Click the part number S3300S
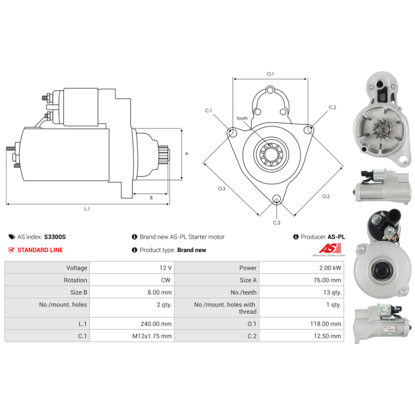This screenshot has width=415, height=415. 55,237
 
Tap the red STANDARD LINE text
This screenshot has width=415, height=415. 40,250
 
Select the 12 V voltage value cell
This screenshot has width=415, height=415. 165,268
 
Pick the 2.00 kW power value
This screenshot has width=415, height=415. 330,268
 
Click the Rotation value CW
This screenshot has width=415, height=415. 165,280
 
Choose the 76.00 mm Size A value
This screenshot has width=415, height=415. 327,280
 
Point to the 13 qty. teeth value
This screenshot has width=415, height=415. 332,293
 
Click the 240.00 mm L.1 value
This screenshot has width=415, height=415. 156,324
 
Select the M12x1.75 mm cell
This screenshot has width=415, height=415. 152,336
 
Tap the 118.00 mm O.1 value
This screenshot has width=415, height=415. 326,324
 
